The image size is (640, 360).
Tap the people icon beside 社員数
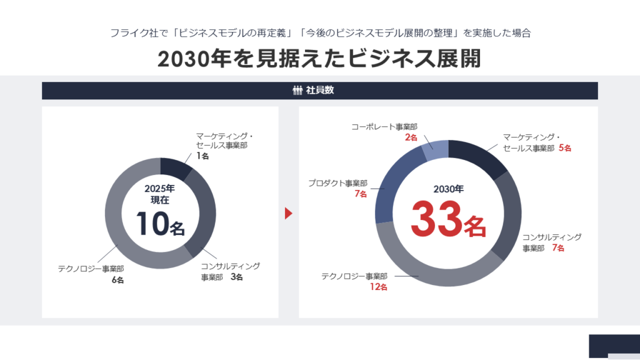[x=297, y=91]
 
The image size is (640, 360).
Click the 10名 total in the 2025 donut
[x=161, y=224]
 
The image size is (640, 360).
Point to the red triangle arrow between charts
[x=288, y=213]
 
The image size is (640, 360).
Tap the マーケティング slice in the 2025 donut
[x=176, y=167]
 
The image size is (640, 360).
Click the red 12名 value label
[x=379, y=287]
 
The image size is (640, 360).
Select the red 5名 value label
[x=564, y=149]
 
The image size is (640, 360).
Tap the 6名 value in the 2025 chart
[x=117, y=280]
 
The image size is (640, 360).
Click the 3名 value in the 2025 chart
[x=236, y=277]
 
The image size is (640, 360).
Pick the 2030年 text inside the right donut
[x=448, y=188]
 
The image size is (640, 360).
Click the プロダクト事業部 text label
[x=337, y=183]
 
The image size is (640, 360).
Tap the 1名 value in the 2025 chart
[x=202, y=156]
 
